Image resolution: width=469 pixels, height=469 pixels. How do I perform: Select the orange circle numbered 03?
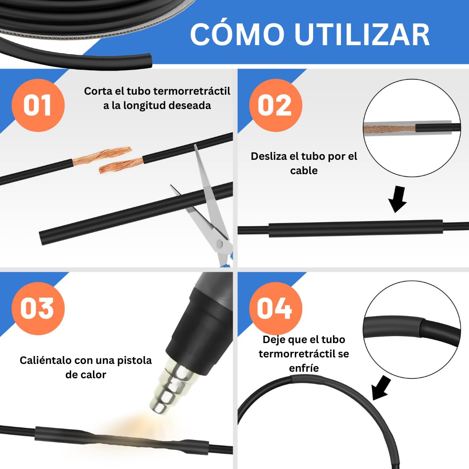[x=38, y=308]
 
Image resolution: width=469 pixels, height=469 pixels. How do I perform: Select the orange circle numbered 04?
[x=274, y=308]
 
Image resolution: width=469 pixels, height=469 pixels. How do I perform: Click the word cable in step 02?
[x=304, y=171]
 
